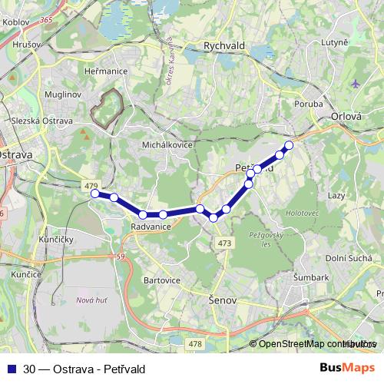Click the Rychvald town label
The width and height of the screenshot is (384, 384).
(x=224, y=46)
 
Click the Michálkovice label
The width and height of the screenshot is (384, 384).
(x=167, y=144)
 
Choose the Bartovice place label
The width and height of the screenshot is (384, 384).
(x=161, y=280)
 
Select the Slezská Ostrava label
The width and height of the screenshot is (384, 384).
(x=42, y=121)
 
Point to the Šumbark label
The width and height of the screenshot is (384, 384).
(x=312, y=276)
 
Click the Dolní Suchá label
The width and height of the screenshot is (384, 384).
(x=349, y=257)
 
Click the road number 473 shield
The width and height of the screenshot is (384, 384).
(x=224, y=243)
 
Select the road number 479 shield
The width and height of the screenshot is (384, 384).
(x=91, y=186)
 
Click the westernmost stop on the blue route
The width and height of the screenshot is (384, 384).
(x=95, y=194)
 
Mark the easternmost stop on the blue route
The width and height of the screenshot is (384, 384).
(x=290, y=145)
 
